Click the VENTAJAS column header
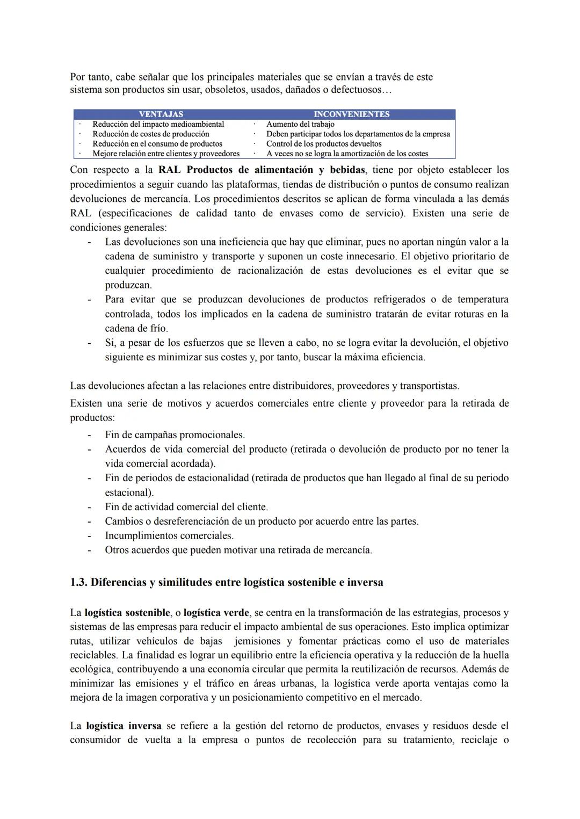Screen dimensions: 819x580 [x=161, y=114]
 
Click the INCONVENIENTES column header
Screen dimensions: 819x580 [x=351, y=114]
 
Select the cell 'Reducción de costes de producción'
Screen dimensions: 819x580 [x=151, y=134]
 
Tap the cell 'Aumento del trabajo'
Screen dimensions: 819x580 [x=300, y=124]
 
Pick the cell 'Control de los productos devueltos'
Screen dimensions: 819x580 [x=324, y=143]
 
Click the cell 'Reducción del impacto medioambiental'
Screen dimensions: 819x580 [x=158, y=124]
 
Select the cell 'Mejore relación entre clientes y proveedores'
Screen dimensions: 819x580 [x=166, y=154]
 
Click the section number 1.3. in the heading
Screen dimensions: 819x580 [x=79, y=583]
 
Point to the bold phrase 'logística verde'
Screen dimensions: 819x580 [x=216, y=613]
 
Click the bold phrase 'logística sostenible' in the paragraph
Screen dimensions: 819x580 [x=127, y=613]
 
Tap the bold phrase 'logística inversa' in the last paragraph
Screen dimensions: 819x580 [x=124, y=726]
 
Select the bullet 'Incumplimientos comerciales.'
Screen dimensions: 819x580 [x=169, y=536]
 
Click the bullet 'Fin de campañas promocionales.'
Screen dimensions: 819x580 [x=175, y=435]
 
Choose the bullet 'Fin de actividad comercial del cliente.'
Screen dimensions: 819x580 [x=186, y=507]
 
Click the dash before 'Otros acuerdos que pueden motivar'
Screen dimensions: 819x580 [x=90, y=550]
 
